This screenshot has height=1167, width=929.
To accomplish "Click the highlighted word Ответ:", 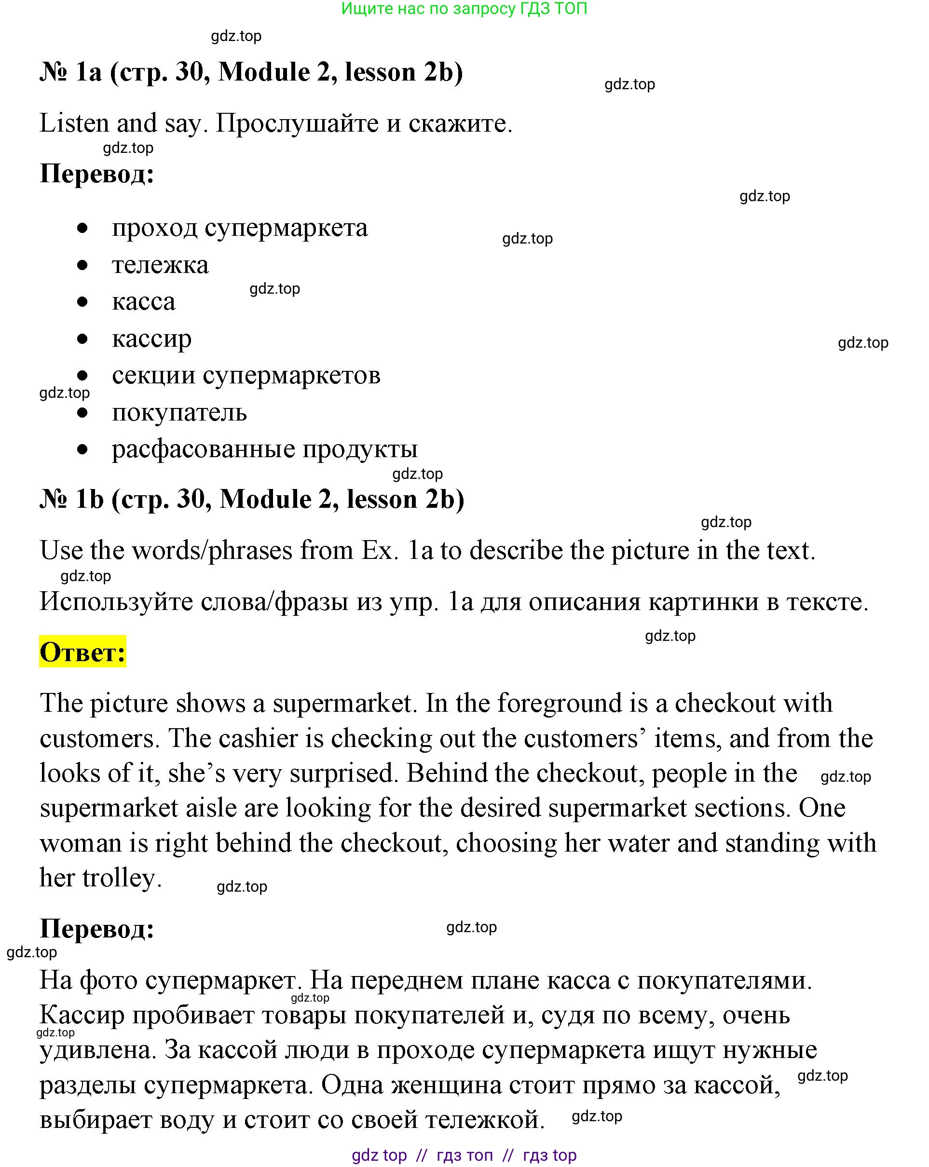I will click(x=82, y=652).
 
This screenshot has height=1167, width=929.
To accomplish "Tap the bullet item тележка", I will click(x=160, y=265).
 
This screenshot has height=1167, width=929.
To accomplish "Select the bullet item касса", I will click(x=143, y=302).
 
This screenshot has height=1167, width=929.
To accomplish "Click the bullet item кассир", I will click(x=151, y=339).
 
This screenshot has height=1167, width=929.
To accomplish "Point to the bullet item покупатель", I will click(x=179, y=412).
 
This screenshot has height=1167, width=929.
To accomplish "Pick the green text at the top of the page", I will click(x=464, y=9).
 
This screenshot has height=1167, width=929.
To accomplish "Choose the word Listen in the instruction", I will click(x=74, y=123).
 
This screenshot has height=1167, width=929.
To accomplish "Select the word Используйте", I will click(x=116, y=602).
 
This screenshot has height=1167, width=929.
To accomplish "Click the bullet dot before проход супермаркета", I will click(x=82, y=229).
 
